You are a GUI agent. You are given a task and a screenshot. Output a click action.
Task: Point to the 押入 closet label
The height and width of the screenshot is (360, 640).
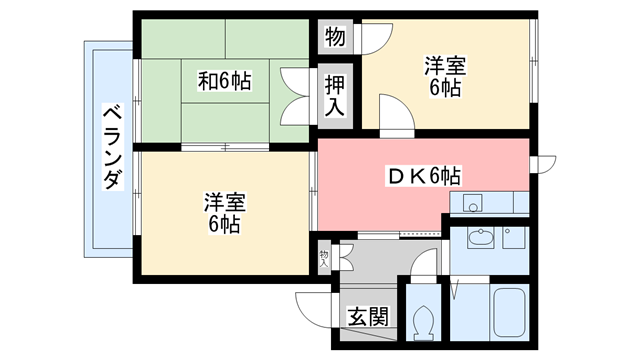pos(334,93)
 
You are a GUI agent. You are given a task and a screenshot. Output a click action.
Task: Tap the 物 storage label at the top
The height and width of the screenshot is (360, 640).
pos(335,38)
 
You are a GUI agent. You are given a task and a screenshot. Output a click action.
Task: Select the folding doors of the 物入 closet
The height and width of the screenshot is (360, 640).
pos(346,258)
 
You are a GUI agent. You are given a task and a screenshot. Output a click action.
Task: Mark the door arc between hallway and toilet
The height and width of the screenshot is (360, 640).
pos(425,269)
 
